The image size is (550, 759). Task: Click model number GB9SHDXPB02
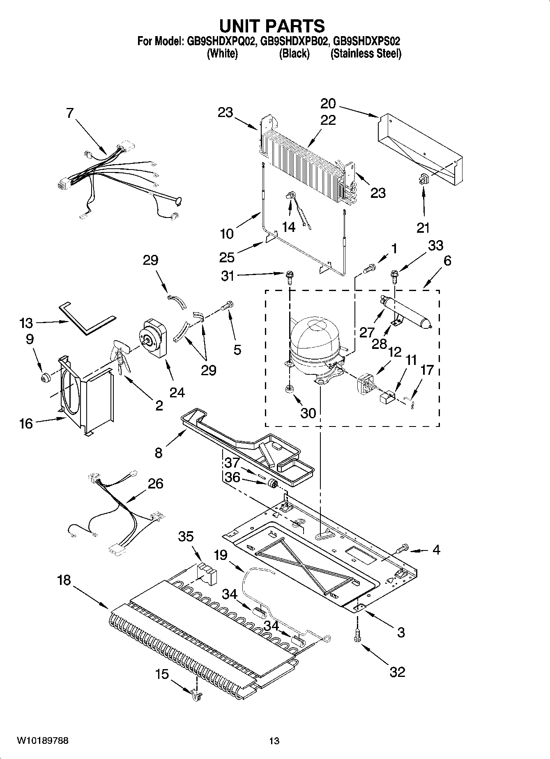pos(294,41)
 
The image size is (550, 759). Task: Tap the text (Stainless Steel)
pos(366,54)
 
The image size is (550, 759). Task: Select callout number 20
pos(328,103)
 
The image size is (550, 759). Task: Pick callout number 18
pos(64,580)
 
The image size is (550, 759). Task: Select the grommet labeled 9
pos(45,376)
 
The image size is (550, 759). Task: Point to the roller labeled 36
pos(272,484)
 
